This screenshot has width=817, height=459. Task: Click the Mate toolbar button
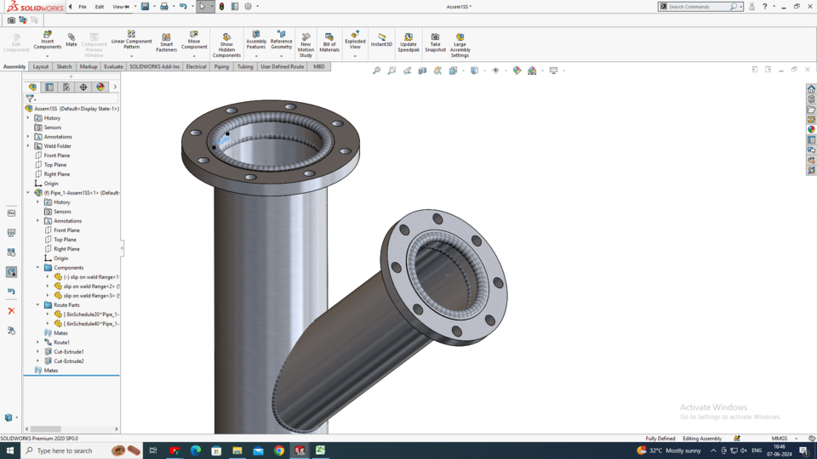[x=71, y=40]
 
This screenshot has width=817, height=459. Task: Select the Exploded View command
[x=355, y=41]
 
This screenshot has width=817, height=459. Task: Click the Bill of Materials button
[x=329, y=42]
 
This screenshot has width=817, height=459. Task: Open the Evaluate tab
[x=113, y=66]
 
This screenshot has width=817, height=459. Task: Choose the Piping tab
[x=221, y=66]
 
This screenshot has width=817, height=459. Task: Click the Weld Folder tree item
[x=58, y=146]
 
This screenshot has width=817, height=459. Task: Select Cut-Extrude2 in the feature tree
[x=69, y=361]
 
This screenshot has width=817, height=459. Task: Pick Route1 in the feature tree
[x=62, y=343]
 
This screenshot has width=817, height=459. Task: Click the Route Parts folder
[x=66, y=305]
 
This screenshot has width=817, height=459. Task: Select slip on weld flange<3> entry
[x=90, y=296]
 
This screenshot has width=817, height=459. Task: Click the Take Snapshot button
[x=435, y=42]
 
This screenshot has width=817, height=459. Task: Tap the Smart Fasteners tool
[x=166, y=42]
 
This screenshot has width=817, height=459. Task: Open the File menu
[x=83, y=7]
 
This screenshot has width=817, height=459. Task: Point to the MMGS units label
[x=779, y=439]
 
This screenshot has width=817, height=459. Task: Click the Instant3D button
[x=381, y=40]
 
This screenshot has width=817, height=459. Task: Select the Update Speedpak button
[x=408, y=42]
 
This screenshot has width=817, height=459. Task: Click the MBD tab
[x=319, y=66]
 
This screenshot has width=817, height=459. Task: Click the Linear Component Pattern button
[x=131, y=42]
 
